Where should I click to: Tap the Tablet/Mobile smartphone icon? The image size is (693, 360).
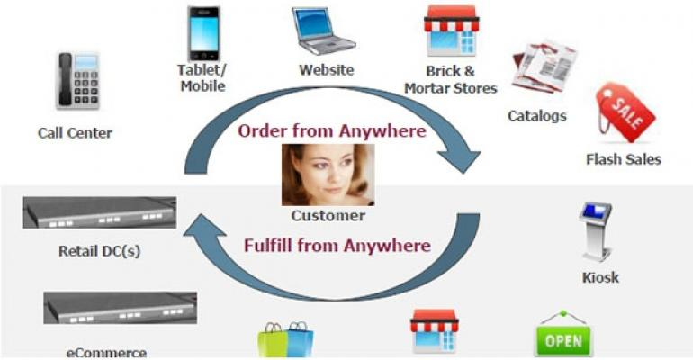click(x=202, y=35)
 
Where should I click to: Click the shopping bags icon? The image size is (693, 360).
click(x=286, y=339)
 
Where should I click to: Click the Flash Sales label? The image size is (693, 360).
click(x=623, y=160)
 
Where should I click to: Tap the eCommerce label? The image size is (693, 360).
click(x=106, y=352)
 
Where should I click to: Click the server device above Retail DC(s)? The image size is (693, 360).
click(x=100, y=214)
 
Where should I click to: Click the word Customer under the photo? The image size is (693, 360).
click(x=328, y=216)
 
